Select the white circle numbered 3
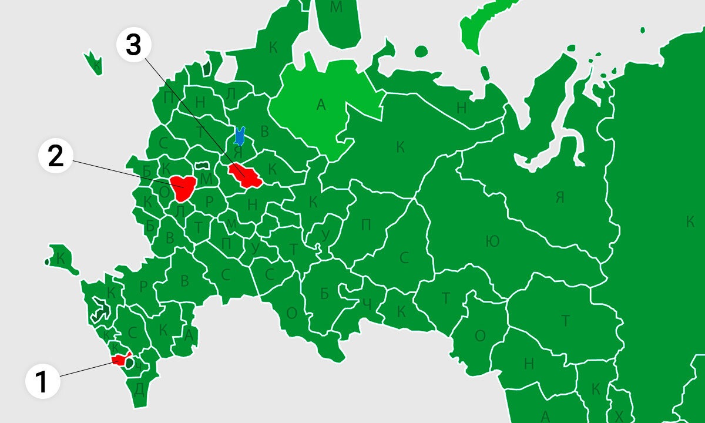tap(134, 45)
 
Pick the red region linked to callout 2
tap(182, 188)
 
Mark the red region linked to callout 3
tap(246, 176)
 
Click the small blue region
tap(239, 136)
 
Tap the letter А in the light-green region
tap(320, 105)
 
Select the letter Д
tap(139, 389)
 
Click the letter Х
tap(619, 415)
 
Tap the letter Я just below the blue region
tap(238, 150)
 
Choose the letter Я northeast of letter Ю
tap(559, 197)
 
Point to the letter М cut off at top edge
tap(335, 7)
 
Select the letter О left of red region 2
tap(164, 191)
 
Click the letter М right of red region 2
tap(206, 178)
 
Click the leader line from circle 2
tap(117, 171)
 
